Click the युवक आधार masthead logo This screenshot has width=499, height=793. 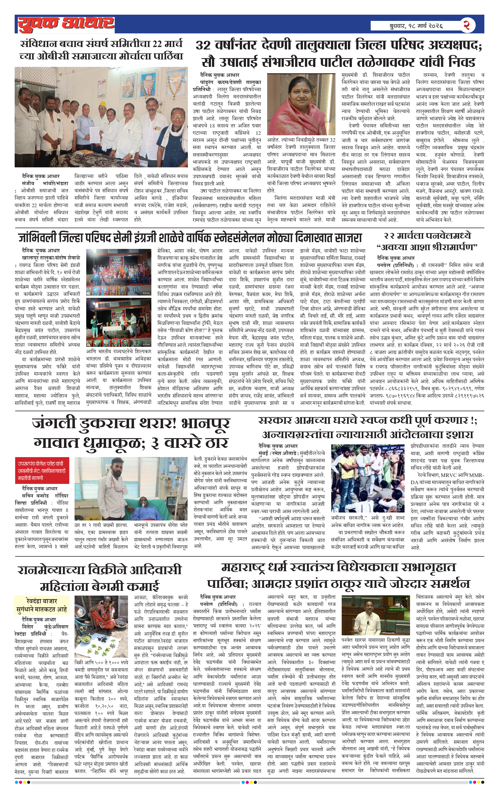[66, 24]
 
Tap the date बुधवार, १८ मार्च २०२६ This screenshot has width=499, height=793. [416, 26]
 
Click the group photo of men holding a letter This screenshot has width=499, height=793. [101, 117]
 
